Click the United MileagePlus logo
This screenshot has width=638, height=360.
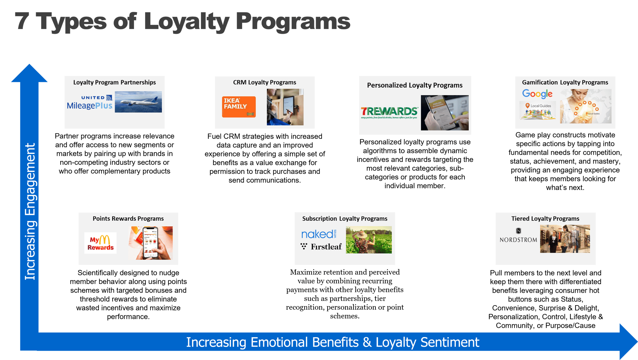click(x=90, y=102)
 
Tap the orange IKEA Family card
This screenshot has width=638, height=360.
click(x=239, y=107)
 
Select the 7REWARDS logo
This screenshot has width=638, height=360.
click(x=389, y=112)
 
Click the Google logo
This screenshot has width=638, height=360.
click(x=537, y=94)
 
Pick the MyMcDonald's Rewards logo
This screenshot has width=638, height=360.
click(x=100, y=243)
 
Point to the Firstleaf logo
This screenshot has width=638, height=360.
click(x=321, y=246)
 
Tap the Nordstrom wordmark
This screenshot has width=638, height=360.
click(x=518, y=240)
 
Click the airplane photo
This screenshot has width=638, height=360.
click(x=138, y=102)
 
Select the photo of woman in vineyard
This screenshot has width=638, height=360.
click(x=369, y=240)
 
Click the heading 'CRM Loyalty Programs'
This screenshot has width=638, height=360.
click(x=264, y=82)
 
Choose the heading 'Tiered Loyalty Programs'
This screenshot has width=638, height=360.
click(x=545, y=218)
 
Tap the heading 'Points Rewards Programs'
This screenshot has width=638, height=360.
click(x=128, y=218)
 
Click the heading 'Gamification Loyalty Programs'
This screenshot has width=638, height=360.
click(x=565, y=82)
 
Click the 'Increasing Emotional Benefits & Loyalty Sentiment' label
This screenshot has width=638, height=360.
click(x=332, y=342)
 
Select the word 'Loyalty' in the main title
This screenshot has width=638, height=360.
click(x=187, y=22)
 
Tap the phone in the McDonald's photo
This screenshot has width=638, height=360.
click(x=150, y=243)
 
